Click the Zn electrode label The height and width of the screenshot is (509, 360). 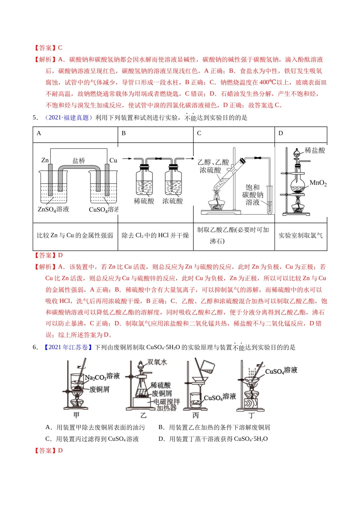pyautogui.click(x=45, y=160)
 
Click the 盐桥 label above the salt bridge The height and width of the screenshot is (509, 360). pyautogui.click(x=79, y=161)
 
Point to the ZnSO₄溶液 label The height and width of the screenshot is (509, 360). pyautogui.click(x=53, y=209)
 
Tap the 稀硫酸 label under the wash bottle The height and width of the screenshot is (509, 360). pyautogui.click(x=144, y=201)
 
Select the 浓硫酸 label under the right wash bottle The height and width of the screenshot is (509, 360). pyautogui.click(x=172, y=201)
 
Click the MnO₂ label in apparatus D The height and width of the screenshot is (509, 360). pyautogui.click(x=318, y=183)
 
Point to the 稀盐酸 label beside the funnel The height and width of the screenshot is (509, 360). pyautogui.click(x=315, y=150)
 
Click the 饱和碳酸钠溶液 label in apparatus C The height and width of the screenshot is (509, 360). pyautogui.click(x=253, y=195)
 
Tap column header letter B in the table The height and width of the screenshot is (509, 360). pyautogui.click(x=124, y=133)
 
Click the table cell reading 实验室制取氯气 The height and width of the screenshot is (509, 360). pyautogui.click(x=301, y=236)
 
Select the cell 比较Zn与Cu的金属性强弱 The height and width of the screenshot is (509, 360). pyautogui.click(x=75, y=236)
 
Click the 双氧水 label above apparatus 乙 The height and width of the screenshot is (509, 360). pyautogui.click(x=157, y=362)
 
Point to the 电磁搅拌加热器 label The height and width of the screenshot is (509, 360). pyautogui.click(x=167, y=404)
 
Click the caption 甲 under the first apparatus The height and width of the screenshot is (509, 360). pyautogui.click(x=76, y=415)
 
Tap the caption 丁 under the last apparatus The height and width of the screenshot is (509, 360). pyautogui.click(x=251, y=415)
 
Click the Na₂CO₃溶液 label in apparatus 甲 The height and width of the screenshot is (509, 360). pyautogui.click(x=102, y=377)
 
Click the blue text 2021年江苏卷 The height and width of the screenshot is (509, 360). pyautogui.click(x=68, y=347)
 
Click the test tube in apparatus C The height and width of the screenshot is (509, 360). pyautogui.click(x=270, y=200)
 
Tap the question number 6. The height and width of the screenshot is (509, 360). pyautogui.click(x=35, y=347)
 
